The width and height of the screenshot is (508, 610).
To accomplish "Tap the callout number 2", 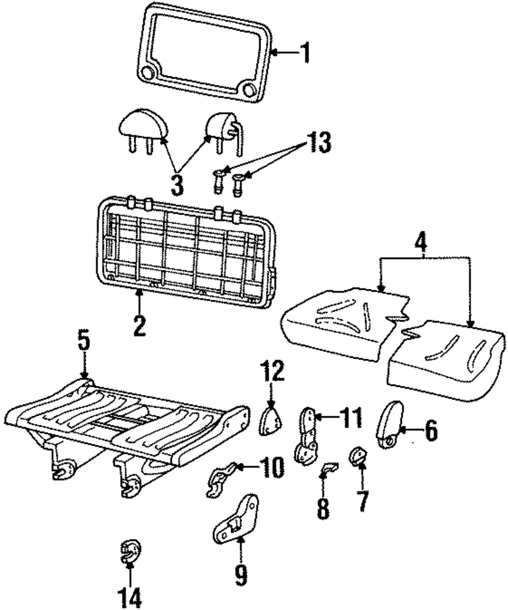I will pyautogui.click(x=139, y=325).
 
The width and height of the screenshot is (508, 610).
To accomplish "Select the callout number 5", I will pyautogui.click(x=84, y=343).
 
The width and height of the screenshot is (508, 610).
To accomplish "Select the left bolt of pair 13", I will pyautogui.click(x=218, y=179).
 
